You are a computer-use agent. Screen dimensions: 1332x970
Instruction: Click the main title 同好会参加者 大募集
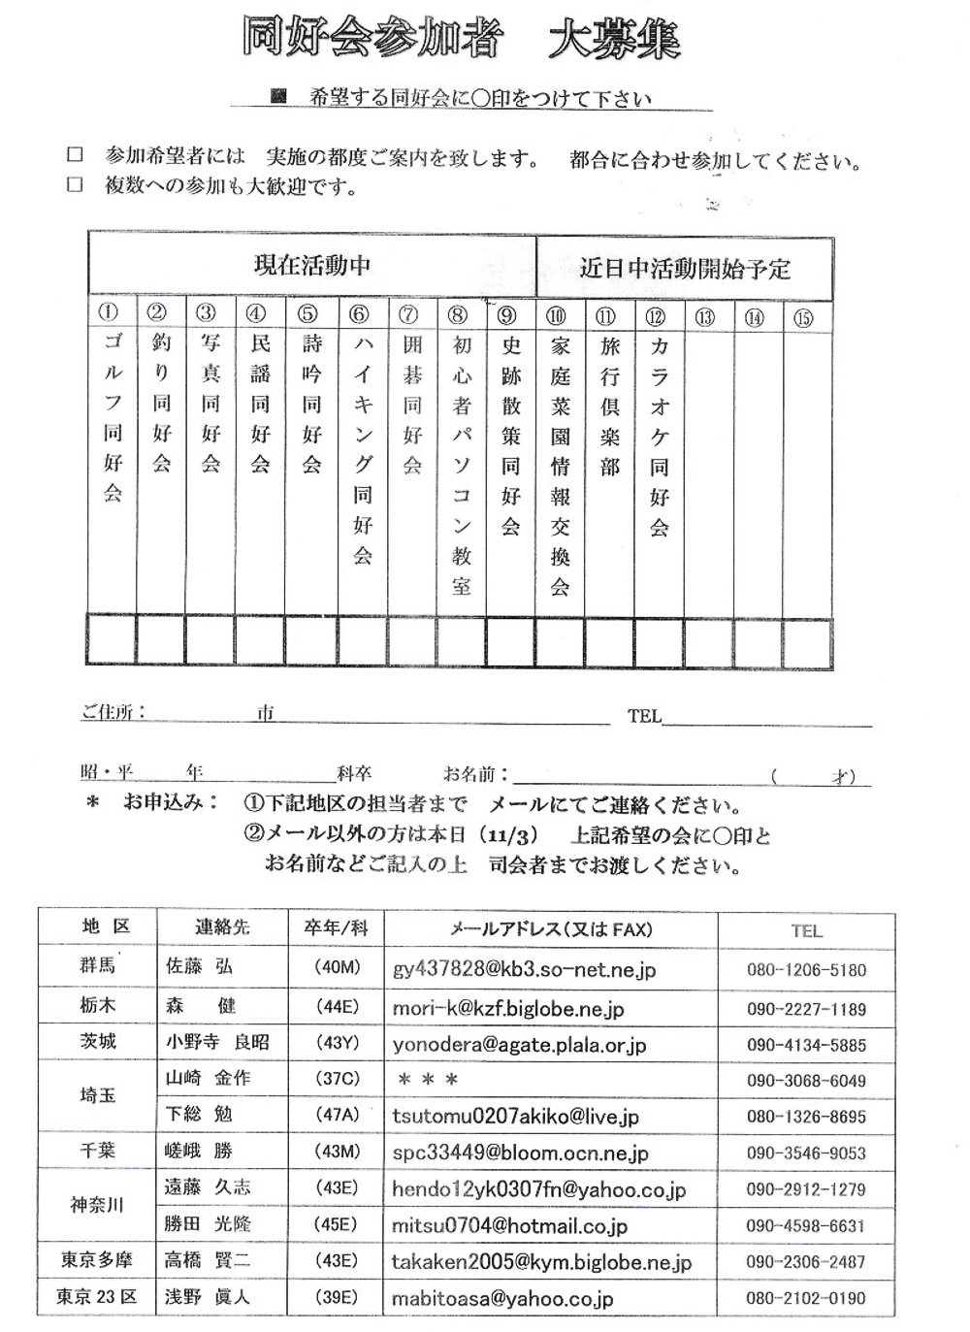pos(461,40)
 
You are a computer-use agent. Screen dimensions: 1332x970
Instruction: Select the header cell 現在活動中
pos(311,265)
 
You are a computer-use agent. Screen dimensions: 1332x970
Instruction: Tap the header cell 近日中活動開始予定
pos(685,268)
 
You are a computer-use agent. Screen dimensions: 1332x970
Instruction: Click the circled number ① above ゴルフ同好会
pos(109,312)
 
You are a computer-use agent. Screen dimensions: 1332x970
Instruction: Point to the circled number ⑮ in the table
pos(803,317)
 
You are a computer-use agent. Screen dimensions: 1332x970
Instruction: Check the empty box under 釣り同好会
pos(161,640)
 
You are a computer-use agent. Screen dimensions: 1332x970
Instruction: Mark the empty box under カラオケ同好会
pos(660,640)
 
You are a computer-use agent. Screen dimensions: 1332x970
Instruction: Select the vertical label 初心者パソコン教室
pos(461,465)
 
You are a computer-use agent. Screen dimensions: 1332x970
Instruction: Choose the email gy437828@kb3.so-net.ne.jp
pos(524,969)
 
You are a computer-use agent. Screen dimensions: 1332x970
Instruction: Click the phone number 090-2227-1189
pos(806,1009)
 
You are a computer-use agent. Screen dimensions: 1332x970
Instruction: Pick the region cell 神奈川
pos(97,1205)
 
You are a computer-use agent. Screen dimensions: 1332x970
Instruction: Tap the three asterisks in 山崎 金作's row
pos(425,1080)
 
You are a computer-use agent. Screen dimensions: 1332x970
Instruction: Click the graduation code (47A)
pos(337,1116)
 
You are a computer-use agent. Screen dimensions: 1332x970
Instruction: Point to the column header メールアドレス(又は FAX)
pos(550,929)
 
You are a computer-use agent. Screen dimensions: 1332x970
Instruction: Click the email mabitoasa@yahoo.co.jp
pos(502,1298)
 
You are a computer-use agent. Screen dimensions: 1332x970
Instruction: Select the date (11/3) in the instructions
pos(513,835)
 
